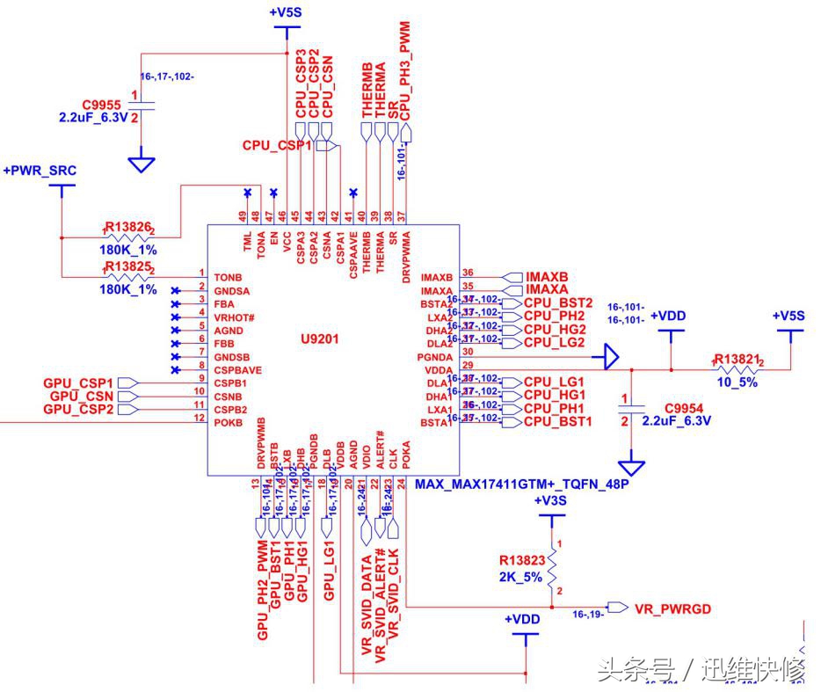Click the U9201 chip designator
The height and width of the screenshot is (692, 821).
pos(319,338)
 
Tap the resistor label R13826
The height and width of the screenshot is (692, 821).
pos(128,227)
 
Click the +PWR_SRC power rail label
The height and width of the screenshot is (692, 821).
pos(40,170)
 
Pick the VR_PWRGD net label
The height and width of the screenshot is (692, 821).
pos(672,608)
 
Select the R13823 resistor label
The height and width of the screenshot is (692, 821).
pos(522,560)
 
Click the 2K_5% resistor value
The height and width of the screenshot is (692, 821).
pos(522,577)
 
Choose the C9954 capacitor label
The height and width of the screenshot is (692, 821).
pos(687,408)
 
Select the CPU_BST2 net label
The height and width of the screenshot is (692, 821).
pos(557,302)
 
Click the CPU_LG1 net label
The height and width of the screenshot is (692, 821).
pos(554,382)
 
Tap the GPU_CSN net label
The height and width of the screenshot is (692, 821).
pos(81,397)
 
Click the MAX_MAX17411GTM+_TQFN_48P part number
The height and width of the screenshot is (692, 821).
pos(522,484)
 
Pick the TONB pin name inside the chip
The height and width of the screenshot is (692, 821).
pos(228,277)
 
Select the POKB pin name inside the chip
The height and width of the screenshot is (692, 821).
pos(228,423)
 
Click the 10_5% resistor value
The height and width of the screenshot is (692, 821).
pos(736,382)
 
